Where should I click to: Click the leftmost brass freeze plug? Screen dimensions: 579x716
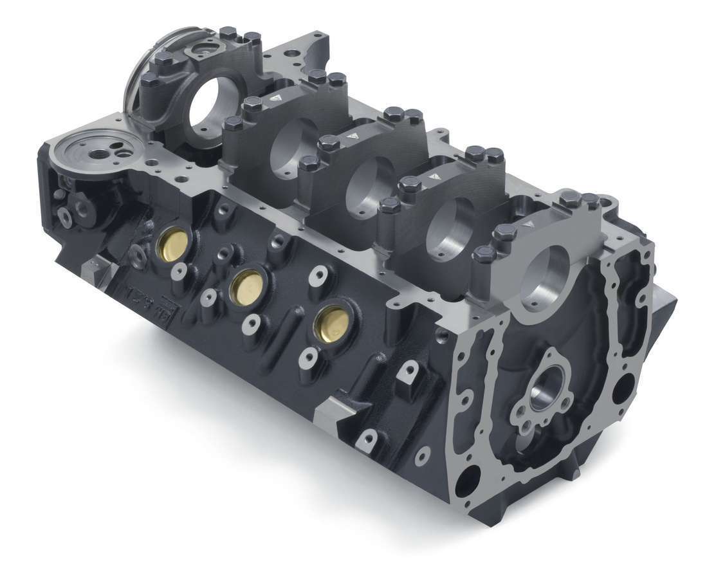tap(172, 243)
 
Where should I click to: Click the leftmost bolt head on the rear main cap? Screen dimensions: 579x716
tap(150, 81)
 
